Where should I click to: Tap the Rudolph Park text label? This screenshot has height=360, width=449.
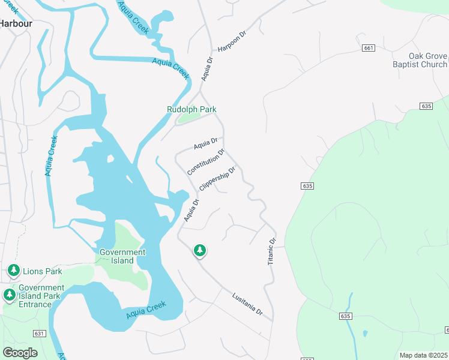[x=191, y=110]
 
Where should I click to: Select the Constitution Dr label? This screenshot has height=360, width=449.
[x=206, y=162]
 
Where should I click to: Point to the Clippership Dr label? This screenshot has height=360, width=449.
[x=217, y=179]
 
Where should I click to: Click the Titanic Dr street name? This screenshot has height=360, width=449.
[x=271, y=251]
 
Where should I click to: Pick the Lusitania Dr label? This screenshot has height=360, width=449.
[x=247, y=304]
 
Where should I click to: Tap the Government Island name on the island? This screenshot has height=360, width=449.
[x=122, y=257]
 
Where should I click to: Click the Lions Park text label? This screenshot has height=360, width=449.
[x=44, y=272]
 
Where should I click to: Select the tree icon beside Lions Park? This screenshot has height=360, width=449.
[x=14, y=271]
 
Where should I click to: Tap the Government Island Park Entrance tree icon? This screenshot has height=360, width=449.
[x=9, y=295]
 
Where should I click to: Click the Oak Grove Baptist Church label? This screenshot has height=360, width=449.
[x=420, y=60]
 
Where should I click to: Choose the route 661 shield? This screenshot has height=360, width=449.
[x=369, y=48]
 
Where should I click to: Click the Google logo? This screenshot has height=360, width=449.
[x=20, y=353]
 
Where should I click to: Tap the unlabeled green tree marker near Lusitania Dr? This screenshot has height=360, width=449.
[x=199, y=250]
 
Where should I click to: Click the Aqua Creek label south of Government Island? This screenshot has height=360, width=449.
[x=146, y=311]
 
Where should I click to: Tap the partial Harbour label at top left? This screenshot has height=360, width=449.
[x=16, y=23]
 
